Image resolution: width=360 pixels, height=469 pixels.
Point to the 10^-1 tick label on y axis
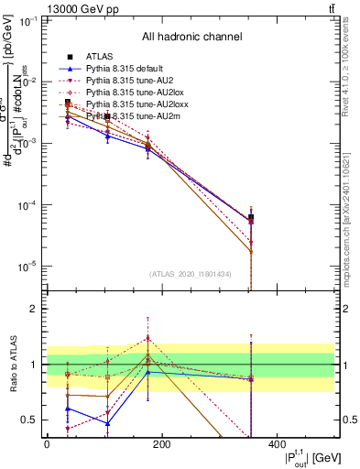pos(27,21)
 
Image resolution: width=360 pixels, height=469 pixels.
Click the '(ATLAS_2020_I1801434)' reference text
pos(191,274)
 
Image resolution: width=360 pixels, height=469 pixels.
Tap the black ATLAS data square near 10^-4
pos(251,218)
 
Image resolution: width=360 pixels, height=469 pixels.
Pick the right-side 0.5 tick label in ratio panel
pos(348,420)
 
